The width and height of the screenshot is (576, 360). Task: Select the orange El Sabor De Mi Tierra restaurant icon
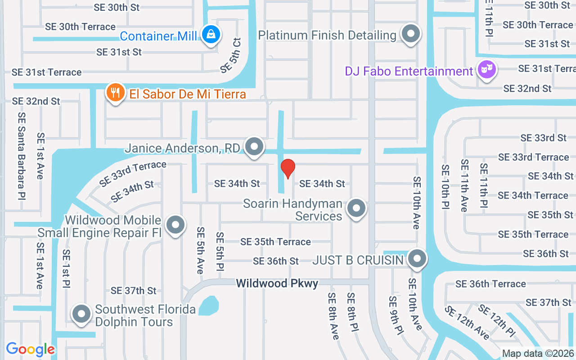pos(116,92)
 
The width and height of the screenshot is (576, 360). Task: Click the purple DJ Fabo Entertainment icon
pos(486,70)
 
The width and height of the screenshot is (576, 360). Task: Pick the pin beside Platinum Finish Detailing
pos(410,34)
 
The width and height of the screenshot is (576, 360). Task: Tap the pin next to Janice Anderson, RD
pos(255,147)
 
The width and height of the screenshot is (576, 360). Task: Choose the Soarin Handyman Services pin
pos(357,208)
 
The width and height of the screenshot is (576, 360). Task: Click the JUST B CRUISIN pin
pos(417,259)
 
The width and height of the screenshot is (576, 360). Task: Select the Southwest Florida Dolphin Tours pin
pos(81,314)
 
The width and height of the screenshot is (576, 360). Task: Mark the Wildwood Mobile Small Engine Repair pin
pos(175,225)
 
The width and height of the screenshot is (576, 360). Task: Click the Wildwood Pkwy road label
pos(277,283)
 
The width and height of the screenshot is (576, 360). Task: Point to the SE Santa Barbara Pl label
pos(22,156)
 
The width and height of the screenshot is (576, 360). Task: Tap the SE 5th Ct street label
pos(231,55)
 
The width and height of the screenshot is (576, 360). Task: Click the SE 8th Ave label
pos(333,316)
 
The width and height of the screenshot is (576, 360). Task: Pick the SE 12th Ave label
pos(467,323)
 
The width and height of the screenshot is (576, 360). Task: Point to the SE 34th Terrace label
pos(533,196)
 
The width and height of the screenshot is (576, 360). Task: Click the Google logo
pos(31,349)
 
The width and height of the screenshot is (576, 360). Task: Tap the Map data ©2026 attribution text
pos(538,354)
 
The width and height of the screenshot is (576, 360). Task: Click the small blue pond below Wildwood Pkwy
pos(208,306)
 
